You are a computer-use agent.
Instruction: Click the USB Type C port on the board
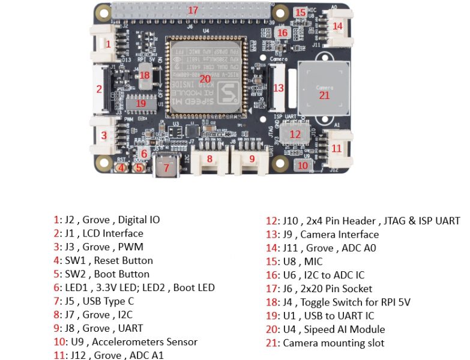(x=167, y=167)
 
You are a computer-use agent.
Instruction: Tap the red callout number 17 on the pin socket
(x=193, y=10)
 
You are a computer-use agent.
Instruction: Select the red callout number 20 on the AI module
(x=205, y=79)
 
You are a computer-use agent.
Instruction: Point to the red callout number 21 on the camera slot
(x=324, y=95)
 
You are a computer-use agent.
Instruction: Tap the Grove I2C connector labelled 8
(x=209, y=160)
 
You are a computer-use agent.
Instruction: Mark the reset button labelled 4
(x=122, y=168)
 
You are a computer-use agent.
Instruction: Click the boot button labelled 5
(x=139, y=168)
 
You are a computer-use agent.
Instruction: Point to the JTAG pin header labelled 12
(x=295, y=134)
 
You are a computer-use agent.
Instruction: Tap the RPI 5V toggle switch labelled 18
(x=144, y=76)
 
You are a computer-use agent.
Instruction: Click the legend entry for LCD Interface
(x=98, y=233)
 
